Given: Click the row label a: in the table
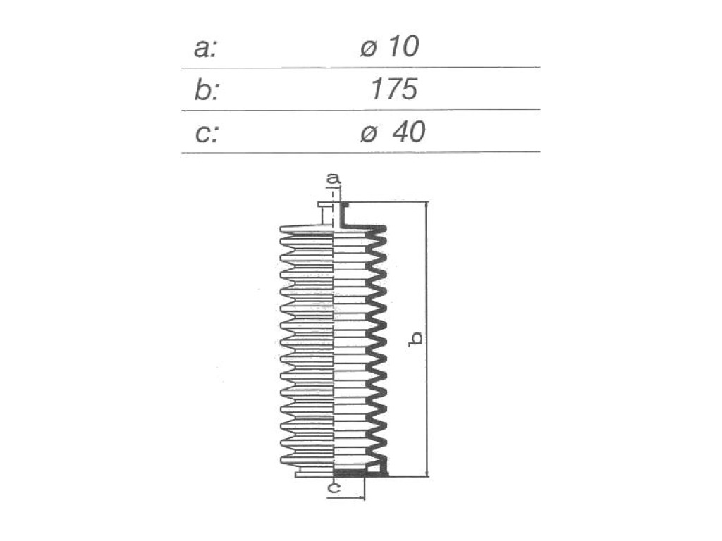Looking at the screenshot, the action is pyautogui.click(x=205, y=48).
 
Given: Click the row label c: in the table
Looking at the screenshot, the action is pyautogui.click(x=206, y=132).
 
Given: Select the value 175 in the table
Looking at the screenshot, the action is pyautogui.click(x=393, y=89).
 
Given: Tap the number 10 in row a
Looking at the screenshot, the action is pyautogui.click(x=403, y=47).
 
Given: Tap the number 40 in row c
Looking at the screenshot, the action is pyautogui.click(x=408, y=132).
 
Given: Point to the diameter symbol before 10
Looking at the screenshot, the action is pyautogui.click(x=369, y=49).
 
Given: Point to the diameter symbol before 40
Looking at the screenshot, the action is pyautogui.click(x=369, y=135).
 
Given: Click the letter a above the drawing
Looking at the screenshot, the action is pyautogui.click(x=333, y=178).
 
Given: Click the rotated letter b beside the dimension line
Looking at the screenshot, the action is pyautogui.click(x=416, y=338).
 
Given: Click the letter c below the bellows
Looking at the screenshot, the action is pyautogui.click(x=334, y=487).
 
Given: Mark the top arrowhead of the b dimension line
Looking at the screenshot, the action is pyautogui.click(x=427, y=206).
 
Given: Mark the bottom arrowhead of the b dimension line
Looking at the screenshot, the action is pyautogui.click(x=427, y=473).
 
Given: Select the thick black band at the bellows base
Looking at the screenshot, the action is pyautogui.click(x=349, y=473).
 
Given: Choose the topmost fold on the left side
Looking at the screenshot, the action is pyautogui.click(x=306, y=229).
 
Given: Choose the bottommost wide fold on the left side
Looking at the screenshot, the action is pyautogui.click(x=306, y=460).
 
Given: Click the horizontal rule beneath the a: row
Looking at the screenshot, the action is pyautogui.click(x=360, y=68).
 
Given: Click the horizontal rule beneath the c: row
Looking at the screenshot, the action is pyautogui.click(x=360, y=152).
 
